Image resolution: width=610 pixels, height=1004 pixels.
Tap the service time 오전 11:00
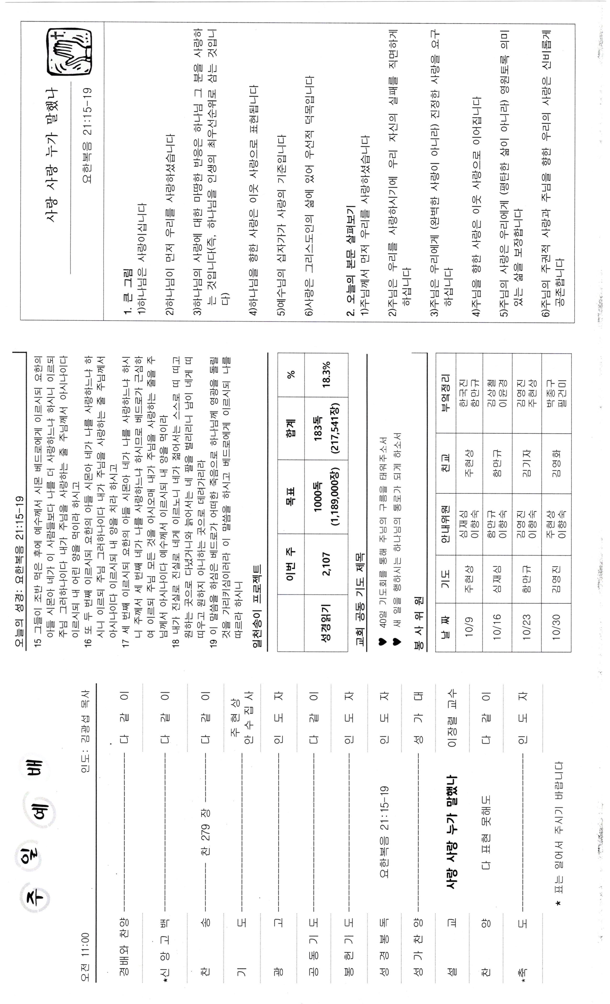point(85,958)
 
